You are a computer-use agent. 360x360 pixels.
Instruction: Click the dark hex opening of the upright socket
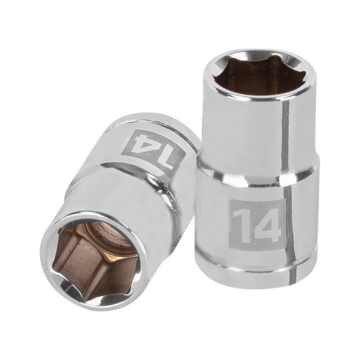pyautogui.click(x=259, y=76)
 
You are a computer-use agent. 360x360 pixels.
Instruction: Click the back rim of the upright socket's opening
pyautogui.click(x=260, y=53)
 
